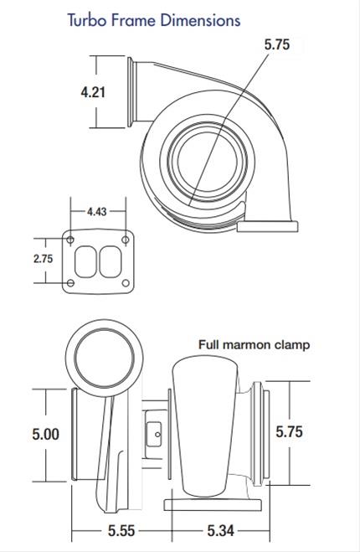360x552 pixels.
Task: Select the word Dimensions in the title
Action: (195, 19)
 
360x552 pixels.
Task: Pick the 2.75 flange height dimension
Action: (43, 259)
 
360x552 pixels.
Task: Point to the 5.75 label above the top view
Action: (276, 45)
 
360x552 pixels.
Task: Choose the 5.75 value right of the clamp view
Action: (289, 432)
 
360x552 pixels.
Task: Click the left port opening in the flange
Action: (86, 262)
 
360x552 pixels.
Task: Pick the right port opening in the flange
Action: (111, 262)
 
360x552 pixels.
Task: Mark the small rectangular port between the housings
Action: (153, 434)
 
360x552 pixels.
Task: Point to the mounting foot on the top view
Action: (266, 224)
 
